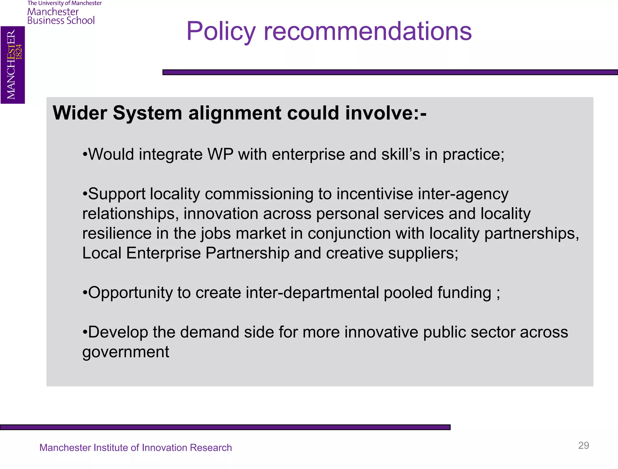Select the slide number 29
[x=583, y=445]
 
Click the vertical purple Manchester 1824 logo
[x=13, y=65]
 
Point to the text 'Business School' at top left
[x=61, y=21]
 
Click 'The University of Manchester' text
[x=65, y=3]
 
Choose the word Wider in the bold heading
[x=80, y=113]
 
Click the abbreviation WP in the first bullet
[x=220, y=155]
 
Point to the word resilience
[x=117, y=233]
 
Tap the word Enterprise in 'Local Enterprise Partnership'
[x=163, y=253]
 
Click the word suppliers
[x=423, y=253]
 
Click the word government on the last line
[x=126, y=352]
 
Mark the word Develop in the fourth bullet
[x=118, y=332]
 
